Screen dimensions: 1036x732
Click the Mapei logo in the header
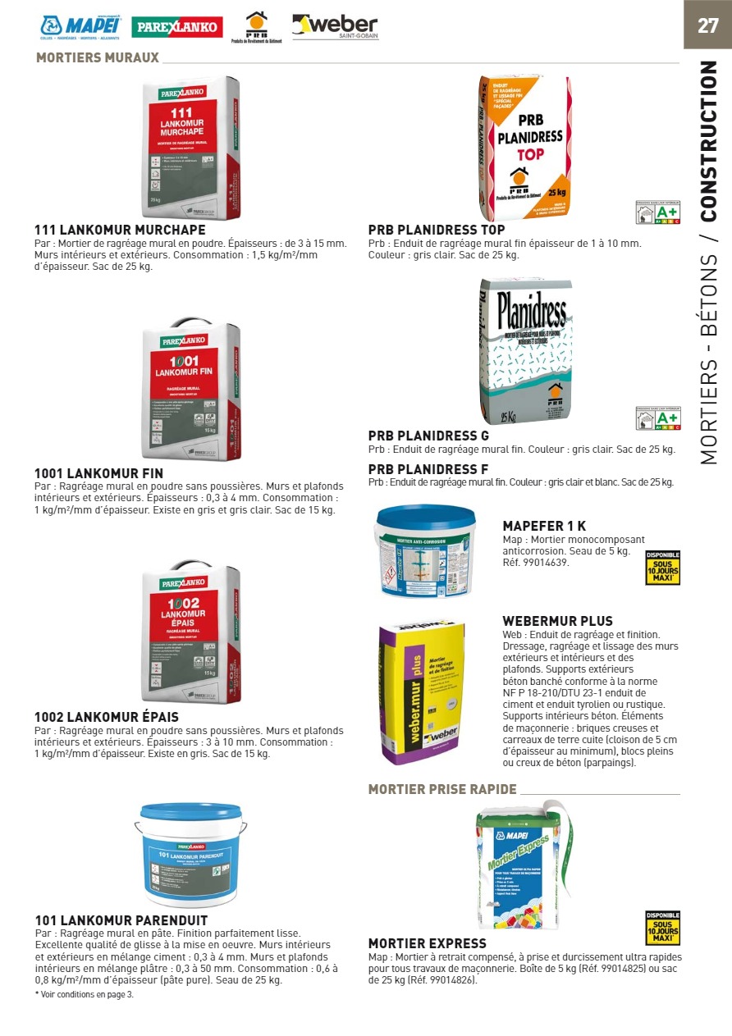pos(81,27)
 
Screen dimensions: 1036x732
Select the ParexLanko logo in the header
pos(176,27)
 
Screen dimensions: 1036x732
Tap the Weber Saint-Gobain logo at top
pos(335,27)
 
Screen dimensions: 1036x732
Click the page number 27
pos(707,25)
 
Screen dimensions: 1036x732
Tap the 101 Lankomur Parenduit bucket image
pos(190,854)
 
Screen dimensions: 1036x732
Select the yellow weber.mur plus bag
pos(421,692)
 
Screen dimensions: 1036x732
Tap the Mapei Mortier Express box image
pos(523,869)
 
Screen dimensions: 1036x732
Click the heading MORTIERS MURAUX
pos(97,58)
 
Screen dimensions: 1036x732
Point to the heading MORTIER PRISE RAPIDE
pos(442,789)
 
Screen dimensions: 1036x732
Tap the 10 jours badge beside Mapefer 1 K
pos(662,568)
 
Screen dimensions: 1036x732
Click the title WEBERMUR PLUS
pos(557,621)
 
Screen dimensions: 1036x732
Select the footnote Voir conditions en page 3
pos(84,994)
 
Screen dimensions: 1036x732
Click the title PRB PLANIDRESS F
pos(428,469)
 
